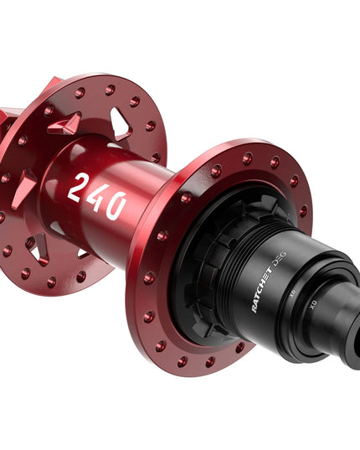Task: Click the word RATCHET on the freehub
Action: [x=265, y=293]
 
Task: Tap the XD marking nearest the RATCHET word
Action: [x=291, y=295]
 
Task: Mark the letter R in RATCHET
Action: [x=255, y=308]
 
